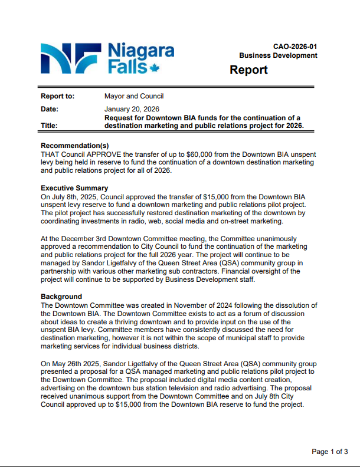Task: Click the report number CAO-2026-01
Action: pos(295,47)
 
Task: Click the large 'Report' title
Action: pos(248,70)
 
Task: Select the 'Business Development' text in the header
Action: pos(278,55)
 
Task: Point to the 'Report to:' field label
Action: pos(57,96)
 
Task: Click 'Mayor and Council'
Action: pos(134,96)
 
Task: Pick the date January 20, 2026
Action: pos(132,109)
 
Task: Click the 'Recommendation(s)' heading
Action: pos(75,146)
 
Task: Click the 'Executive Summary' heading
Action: pos(74,188)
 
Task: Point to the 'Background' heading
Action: pos(61,297)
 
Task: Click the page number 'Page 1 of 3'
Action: pos(330,452)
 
